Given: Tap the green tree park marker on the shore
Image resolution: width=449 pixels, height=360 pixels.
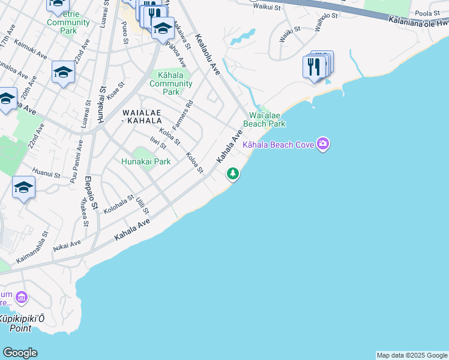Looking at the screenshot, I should click(233, 174).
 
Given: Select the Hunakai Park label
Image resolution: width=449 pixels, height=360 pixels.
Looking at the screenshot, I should click(146, 161).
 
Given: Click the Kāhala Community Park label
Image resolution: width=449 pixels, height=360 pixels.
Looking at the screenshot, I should click(171, 83).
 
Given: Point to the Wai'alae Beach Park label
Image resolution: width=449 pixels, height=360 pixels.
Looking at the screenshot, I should click(267, 119).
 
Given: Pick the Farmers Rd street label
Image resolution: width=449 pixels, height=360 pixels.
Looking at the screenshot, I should click(183, 116).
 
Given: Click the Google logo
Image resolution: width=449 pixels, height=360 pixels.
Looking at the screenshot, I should click(20, 353).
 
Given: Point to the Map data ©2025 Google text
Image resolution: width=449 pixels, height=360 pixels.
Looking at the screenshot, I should click(412, 355).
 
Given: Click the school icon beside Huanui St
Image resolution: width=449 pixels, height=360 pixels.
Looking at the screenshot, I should click(23, 188).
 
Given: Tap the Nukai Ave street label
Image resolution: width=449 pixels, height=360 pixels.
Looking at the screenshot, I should click(67, 244).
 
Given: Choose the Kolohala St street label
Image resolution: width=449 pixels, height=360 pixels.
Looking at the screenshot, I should click(118, 205).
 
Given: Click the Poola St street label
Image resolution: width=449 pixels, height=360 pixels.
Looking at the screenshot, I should click(427, 13).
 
